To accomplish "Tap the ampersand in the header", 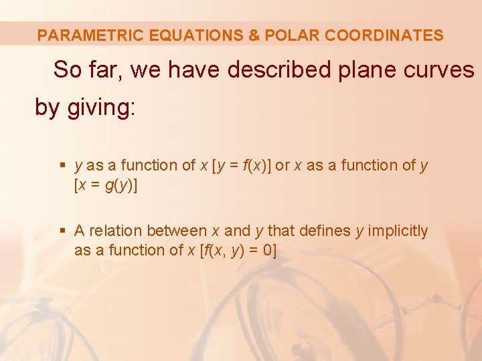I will (254, 35).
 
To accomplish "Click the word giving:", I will (102, 108).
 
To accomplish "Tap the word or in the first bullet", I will (282, 166).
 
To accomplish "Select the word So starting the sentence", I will (67, 70).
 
